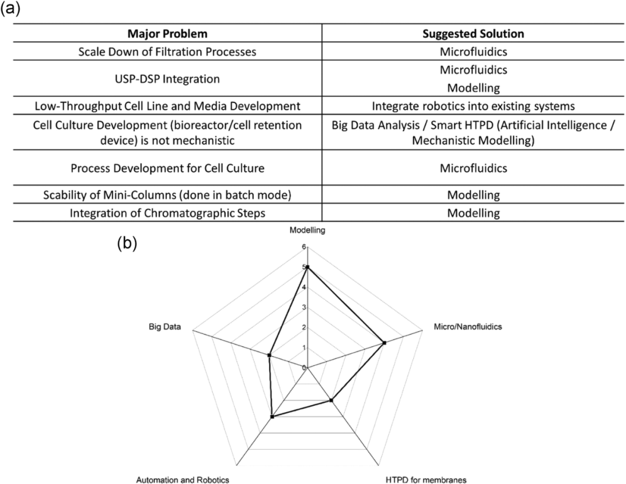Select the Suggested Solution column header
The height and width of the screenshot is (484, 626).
coord(474,33)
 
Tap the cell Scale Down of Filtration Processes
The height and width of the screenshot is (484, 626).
coord(168,52)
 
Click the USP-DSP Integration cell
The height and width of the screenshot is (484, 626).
coord(168,78)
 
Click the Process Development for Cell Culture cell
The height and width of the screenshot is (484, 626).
coord(168,168)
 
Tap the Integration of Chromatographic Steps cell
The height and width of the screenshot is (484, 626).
coord(168,212)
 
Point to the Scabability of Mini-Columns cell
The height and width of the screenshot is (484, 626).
coord(168,195)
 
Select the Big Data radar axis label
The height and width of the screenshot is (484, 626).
coord(165,327)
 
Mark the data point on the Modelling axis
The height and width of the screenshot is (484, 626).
coord(308,267)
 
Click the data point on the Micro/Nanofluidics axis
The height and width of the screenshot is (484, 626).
coord(384,343)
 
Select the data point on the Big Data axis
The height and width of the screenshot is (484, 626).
coord(269,355)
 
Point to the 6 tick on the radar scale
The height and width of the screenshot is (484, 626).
coord(303,247)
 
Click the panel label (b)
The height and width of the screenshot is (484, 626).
coord(128,243)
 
